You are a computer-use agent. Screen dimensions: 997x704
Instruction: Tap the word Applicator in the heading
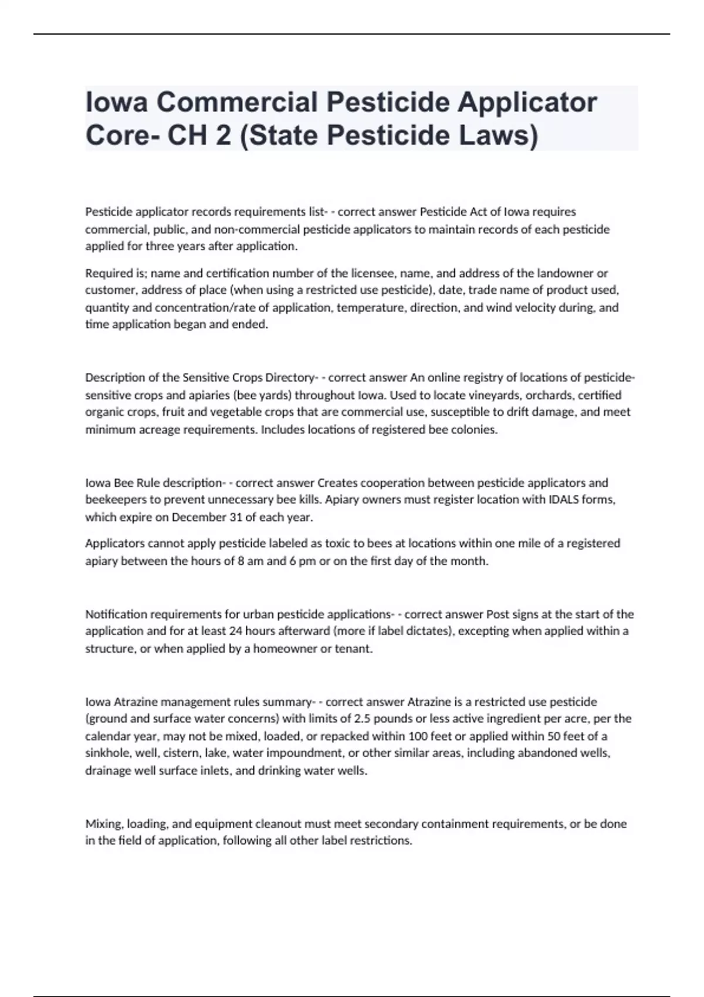[x=527, y=102]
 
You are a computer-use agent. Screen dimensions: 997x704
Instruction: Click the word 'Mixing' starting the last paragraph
[x=103, y=823]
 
